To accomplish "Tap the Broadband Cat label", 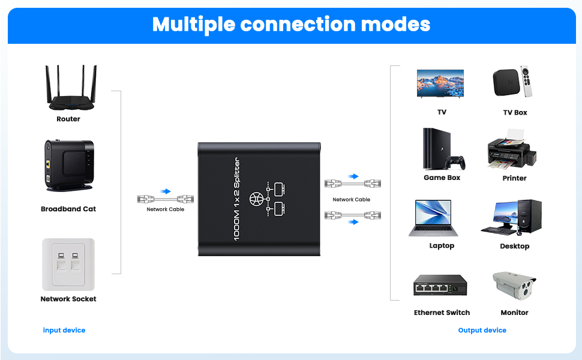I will point(68,209).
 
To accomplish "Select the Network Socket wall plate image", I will point(68,264).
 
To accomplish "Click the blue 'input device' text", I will point(64,330).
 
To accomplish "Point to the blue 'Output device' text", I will point(482,330).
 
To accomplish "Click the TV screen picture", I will point(440,83).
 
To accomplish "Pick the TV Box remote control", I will point(526,81).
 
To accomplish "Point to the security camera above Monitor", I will point(514,286).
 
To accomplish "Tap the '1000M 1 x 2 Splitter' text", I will point(236,199).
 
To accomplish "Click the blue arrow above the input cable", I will point(166,191).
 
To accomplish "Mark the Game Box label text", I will point(442,178).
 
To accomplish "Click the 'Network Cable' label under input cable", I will point(166,209).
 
